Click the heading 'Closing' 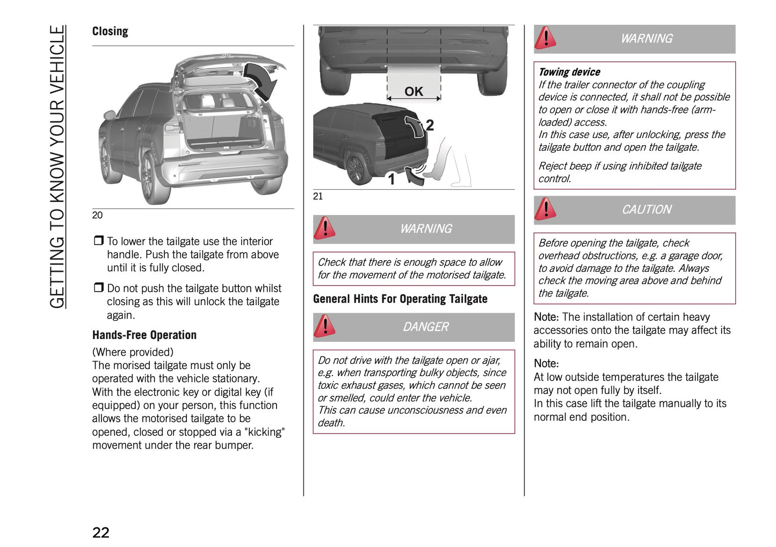[110, 31]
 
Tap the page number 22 [101, 532]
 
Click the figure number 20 [97, 215]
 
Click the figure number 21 [318, 196]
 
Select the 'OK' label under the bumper [414, 91]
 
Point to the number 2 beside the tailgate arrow [430, 125]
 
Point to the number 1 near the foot [391, 179]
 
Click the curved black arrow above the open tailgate [263, 81]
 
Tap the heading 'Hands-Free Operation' [144, 335]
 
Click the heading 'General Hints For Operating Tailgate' [400, 299]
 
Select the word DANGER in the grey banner [425, 327]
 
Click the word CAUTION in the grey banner [646, 210]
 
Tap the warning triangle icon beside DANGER [325, 326]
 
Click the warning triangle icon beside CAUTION [546, 209]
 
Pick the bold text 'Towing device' [569, 72]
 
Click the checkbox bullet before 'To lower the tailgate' [98, 241]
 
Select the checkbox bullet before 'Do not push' [98, 288]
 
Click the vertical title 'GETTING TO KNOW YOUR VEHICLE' [57, 167]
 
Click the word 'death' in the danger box [331, 423]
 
